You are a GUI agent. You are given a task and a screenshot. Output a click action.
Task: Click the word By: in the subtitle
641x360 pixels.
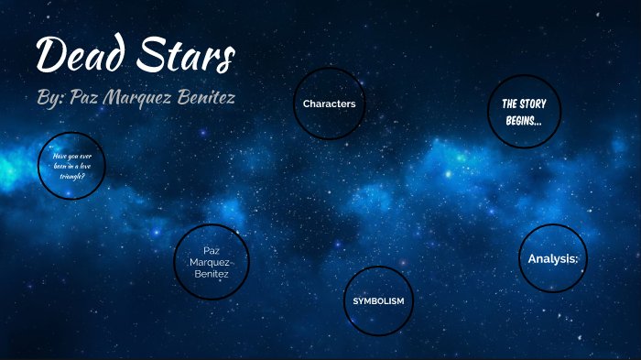tap(49, 98)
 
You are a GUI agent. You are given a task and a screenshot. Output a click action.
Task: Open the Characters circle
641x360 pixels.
tap(329, 104)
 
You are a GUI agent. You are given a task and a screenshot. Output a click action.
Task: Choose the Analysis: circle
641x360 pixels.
tap(553, 259)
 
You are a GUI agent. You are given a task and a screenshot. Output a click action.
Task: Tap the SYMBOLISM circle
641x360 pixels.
tap(378, 300)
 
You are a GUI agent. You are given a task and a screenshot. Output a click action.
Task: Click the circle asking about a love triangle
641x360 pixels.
tap(71, 166)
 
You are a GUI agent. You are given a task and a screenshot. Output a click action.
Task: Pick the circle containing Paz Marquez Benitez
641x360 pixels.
tap(211, 262)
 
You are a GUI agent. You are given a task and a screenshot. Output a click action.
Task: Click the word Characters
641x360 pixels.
tap(329, 104)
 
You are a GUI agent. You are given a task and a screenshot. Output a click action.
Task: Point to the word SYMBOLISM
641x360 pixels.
tap(378, 300)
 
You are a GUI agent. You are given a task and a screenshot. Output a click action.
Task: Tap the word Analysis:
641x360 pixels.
tap(553, 259)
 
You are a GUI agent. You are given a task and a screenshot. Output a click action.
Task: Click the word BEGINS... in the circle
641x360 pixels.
tap(523, 120)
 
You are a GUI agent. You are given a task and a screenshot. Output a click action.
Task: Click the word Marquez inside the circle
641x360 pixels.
tap(211, 262)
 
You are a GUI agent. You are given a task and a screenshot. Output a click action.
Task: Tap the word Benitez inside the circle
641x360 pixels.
tap(211, 274)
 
